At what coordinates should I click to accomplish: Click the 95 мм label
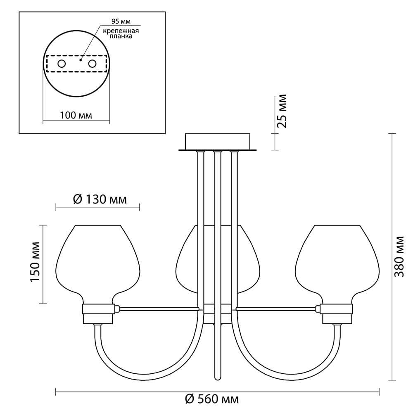tap(121, 21)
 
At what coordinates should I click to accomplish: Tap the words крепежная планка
tap(121, 33)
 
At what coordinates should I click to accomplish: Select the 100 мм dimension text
tap(76, 115)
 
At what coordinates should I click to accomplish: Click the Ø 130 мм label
tap(100, 199)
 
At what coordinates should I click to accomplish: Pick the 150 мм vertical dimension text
tap(35, 262)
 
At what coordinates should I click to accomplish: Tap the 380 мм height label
tap(399, 256)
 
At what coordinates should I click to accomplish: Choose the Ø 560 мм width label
tap(212, 399)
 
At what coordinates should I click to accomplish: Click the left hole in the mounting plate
tap(62, 64)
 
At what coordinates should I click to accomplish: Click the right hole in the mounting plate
tap(92, 64)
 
